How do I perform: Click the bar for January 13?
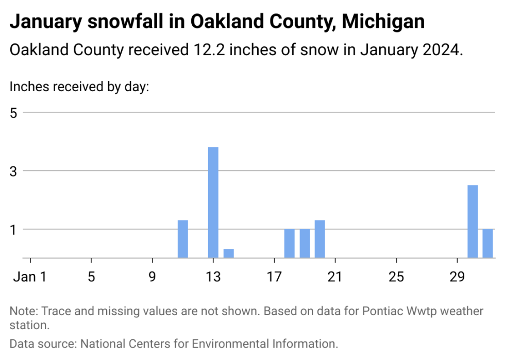pos(213,202)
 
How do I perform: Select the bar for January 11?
pos(182,239)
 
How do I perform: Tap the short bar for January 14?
pos(228,253)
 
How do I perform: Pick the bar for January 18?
pos(289,243)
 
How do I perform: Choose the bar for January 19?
pos(305,243)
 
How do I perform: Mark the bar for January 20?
pos(319,239)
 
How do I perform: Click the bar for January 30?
pos(472,221)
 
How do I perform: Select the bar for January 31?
pos(487,243)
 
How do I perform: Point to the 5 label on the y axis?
pos(14,112)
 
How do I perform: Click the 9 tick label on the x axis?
pos(152,277)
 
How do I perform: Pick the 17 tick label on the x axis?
pos(274,277)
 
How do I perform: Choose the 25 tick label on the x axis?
pos(396,277)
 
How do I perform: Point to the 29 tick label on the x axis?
pos(457,277)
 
